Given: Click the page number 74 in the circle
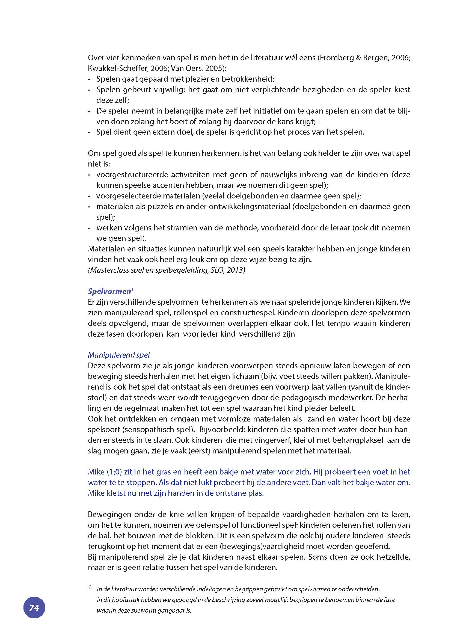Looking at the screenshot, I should tap(34, 607).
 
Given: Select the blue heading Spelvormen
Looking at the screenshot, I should tap(109, 291).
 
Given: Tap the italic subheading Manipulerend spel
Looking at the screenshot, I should tap(118, 355).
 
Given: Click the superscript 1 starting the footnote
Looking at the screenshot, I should tap(90, 587).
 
